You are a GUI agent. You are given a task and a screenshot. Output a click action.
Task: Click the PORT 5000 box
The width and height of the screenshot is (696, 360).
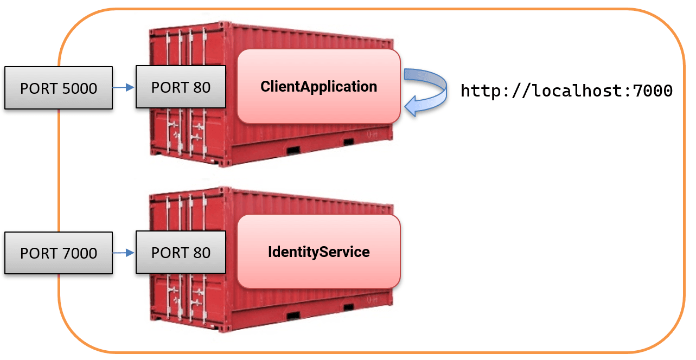tap(59, 88)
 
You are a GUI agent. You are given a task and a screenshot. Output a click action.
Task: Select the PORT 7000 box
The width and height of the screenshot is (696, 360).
tap(59, 253)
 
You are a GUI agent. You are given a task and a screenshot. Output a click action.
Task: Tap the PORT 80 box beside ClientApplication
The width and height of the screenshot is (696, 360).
tap(181, 87)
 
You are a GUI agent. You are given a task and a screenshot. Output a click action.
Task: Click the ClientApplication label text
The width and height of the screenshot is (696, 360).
tap(318, 86)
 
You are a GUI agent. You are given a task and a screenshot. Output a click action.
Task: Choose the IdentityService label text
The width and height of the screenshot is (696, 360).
tap(318, 252)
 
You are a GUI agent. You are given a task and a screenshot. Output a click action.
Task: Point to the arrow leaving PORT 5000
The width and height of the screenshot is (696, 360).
tap(124, 87)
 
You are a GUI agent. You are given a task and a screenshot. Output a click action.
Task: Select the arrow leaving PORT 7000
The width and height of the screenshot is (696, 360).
tap(124, 252)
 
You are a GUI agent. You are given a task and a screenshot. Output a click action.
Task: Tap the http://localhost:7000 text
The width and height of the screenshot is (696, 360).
tap(566, 91)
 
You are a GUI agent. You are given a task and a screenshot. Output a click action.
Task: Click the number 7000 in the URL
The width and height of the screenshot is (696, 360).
tap(653, 91)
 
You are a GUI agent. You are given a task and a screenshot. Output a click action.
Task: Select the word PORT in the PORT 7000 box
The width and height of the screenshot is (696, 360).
tap(38, 253)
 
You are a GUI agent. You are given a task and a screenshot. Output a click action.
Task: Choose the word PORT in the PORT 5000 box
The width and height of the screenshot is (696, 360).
tap(38, 88)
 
